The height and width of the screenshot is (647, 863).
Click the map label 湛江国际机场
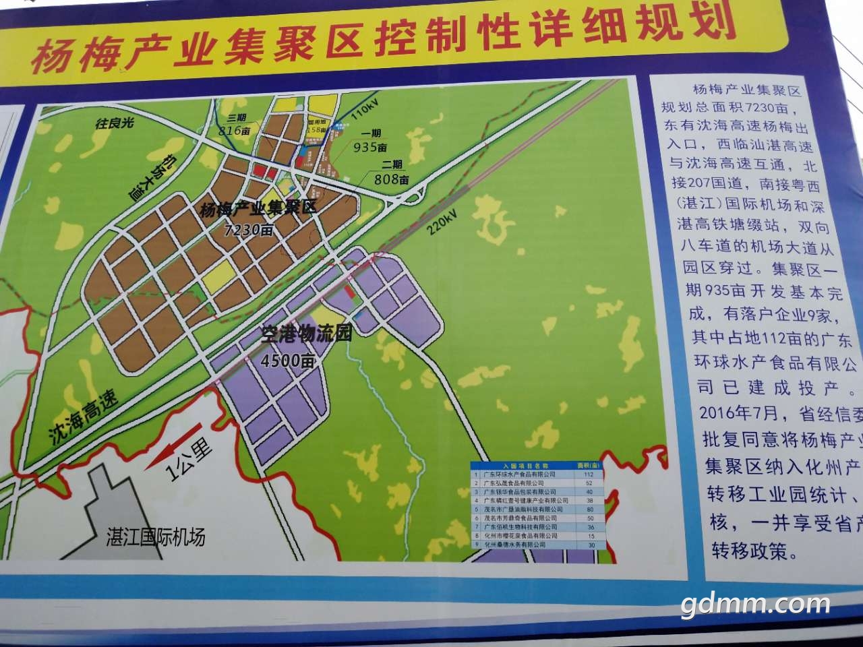[156, 537]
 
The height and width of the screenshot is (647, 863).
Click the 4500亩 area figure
[289, 361]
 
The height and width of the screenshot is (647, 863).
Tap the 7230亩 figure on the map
[249, 230]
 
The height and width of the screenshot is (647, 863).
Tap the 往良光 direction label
[115, 123]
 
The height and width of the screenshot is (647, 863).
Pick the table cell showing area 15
[591, 536]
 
